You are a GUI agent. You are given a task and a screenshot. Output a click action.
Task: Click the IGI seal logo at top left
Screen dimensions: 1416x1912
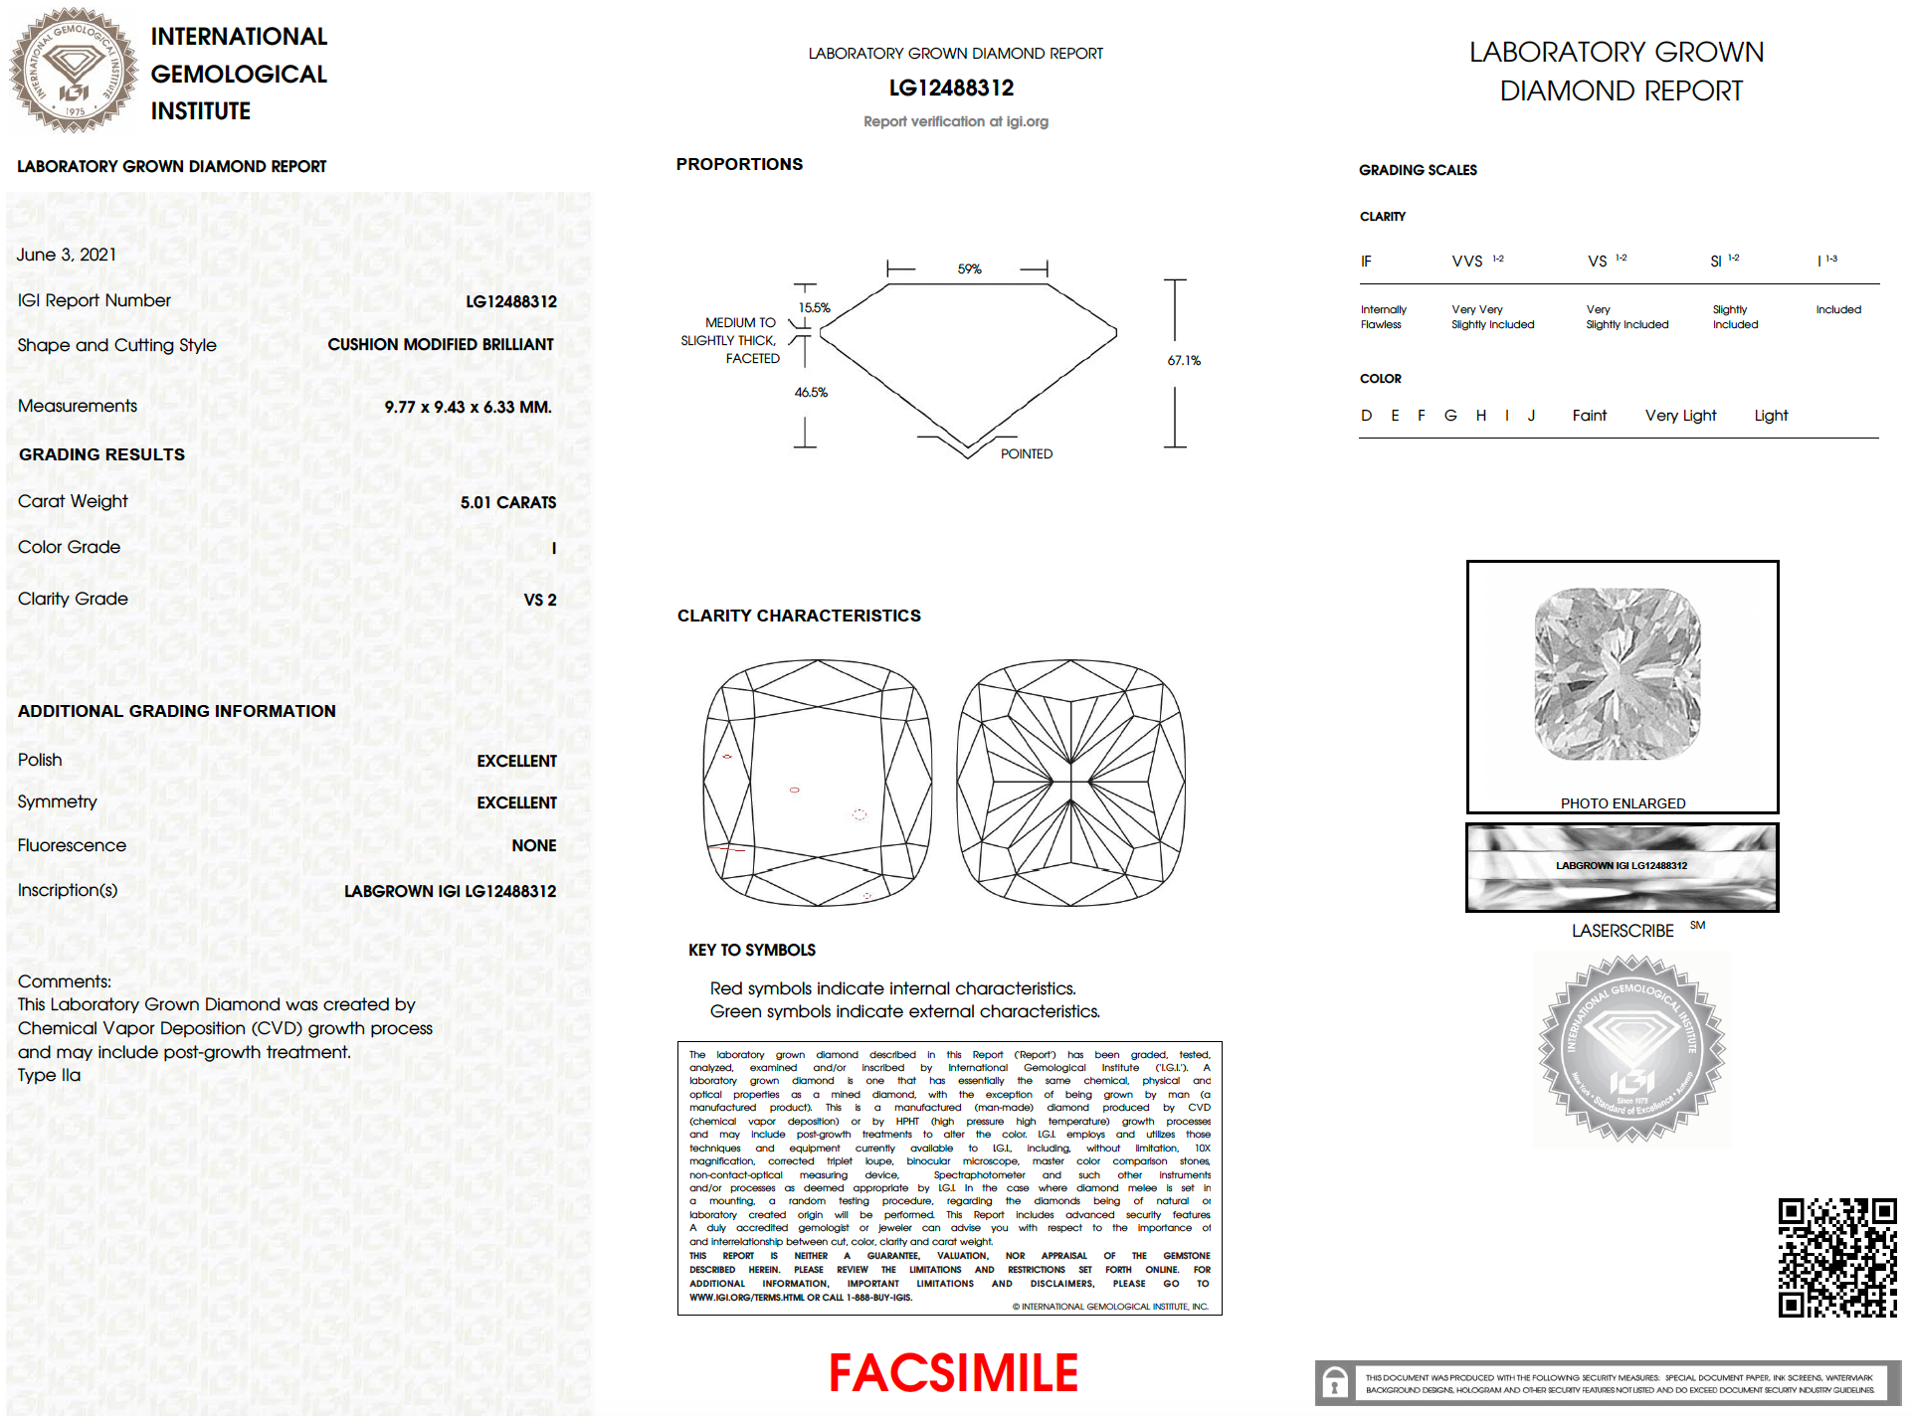click(74, 70)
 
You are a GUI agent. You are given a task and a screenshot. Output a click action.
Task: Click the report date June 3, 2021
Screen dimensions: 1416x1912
click(67, 255)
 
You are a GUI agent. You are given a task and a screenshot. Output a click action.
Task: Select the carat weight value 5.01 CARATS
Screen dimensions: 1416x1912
click(507, 502)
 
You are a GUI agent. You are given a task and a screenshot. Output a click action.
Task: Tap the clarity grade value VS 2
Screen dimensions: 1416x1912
click(539, 600)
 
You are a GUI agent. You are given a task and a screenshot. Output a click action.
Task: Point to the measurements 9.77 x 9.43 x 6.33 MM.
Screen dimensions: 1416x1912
click(468, 407)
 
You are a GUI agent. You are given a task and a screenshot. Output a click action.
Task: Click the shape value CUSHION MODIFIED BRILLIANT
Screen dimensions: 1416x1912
click(441, 344)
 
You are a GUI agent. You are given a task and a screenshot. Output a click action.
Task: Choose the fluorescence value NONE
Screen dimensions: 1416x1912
click(533, 845)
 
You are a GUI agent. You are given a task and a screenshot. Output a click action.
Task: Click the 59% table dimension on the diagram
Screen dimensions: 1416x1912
click(969, 268)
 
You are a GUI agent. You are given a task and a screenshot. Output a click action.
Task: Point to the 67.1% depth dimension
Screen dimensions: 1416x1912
click(1183, 360)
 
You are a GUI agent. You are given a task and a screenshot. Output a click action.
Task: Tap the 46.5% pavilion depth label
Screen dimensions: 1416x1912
click(811, 392)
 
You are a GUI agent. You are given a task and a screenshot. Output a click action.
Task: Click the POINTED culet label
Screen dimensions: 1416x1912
click(1026, 453)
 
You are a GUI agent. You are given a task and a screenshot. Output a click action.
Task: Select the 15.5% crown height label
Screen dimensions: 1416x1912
click(814, 307)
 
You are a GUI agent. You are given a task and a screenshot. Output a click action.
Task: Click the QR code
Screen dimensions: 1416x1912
click(1836, 1257)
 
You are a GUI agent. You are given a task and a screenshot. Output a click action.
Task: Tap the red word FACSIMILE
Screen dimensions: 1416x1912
click(953, 1372)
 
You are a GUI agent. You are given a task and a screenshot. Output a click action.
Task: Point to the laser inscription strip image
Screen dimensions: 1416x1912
click(1622, 866)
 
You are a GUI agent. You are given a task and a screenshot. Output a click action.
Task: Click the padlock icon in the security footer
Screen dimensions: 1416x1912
click(1335, 1382)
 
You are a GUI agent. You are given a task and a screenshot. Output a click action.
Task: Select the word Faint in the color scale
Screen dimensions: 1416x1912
click(1589, 415)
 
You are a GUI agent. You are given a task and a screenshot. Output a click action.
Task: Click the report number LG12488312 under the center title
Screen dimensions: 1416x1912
click(951, 88)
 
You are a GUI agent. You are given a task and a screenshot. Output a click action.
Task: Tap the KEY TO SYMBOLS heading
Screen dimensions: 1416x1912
click(751, 950)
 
